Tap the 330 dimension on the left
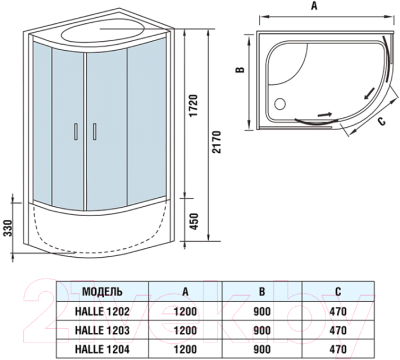(8, 230)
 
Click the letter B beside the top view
(241, 71)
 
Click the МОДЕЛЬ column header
(102, 292)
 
